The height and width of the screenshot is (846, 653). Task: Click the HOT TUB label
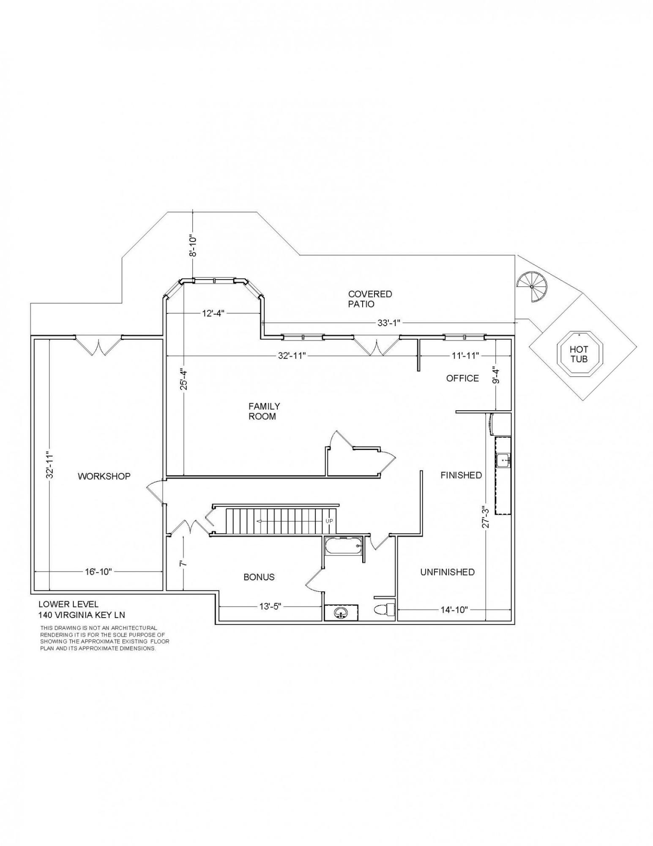579,354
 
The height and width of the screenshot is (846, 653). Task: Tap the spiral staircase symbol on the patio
532,286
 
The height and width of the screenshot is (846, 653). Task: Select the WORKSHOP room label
104,476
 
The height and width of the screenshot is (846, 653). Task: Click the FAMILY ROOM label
264,411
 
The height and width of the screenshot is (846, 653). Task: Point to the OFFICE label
462,378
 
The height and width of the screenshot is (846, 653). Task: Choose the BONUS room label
259,577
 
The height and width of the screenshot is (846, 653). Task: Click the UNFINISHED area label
447,572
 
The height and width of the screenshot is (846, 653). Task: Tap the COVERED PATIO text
370,299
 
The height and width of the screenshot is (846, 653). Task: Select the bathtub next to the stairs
344,546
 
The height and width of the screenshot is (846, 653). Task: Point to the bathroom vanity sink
341,612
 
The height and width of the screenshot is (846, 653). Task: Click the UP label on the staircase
329,521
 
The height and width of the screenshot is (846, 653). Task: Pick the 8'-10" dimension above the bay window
193,245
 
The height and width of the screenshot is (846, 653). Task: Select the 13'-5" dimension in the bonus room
270,607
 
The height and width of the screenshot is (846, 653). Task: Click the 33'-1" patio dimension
389,323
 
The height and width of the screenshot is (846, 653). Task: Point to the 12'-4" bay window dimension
213,313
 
